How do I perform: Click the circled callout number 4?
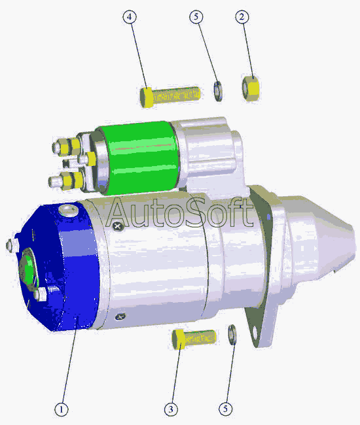(x=130, y=17)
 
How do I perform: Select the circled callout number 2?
(x=242, y=17)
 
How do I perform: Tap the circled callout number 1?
(x=62, y=409)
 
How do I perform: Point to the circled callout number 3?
(x=171, y=409)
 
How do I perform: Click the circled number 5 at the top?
(x=196, y=17)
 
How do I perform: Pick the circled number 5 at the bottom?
(x=226, y=409)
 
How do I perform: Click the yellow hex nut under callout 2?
(x=251, y=89)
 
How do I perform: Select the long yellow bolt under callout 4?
(x=170, y=96)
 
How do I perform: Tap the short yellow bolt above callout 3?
(x=194, y=339)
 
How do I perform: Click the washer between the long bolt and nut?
(x=218, y=91)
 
